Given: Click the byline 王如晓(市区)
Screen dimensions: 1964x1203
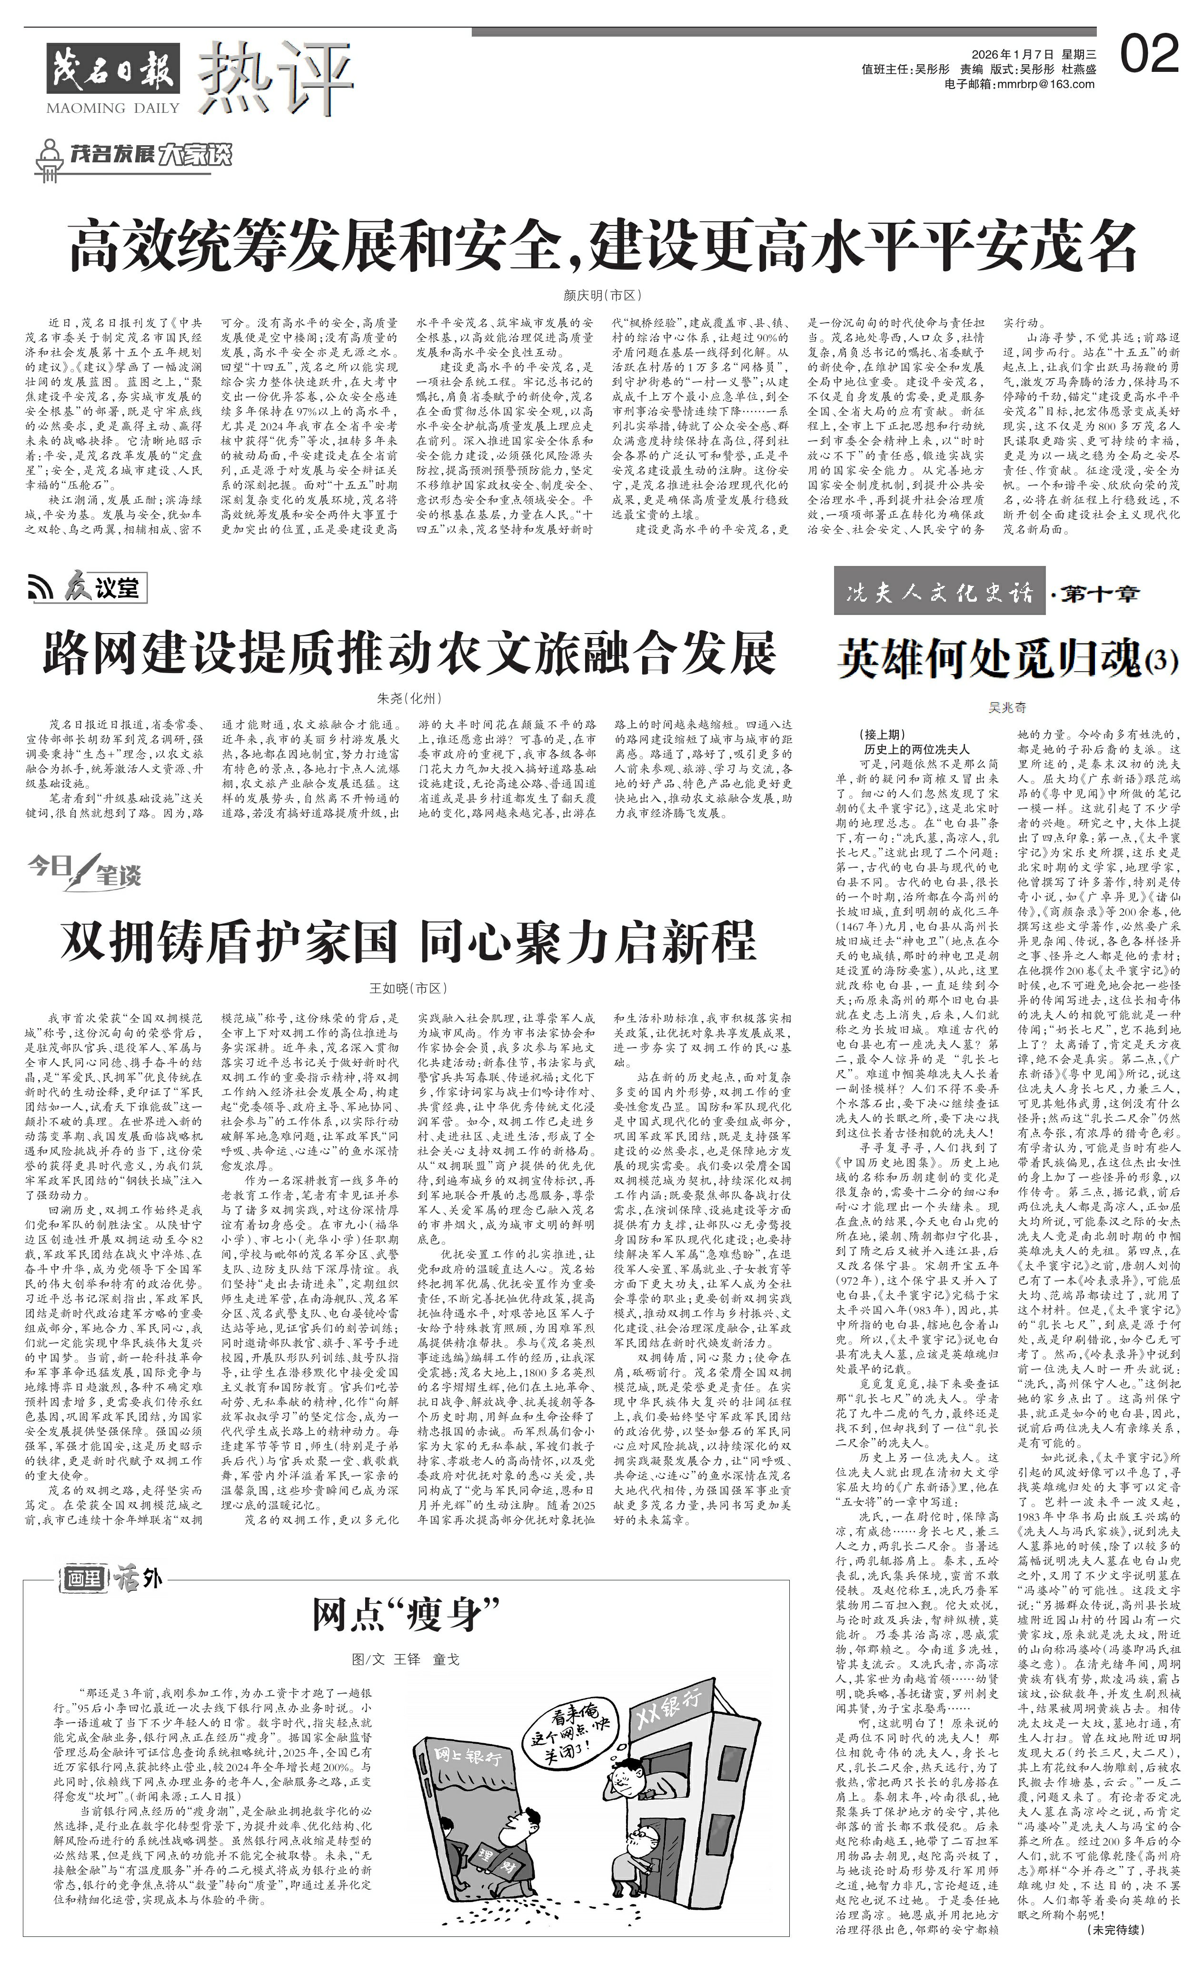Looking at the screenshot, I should coord(408,988).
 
